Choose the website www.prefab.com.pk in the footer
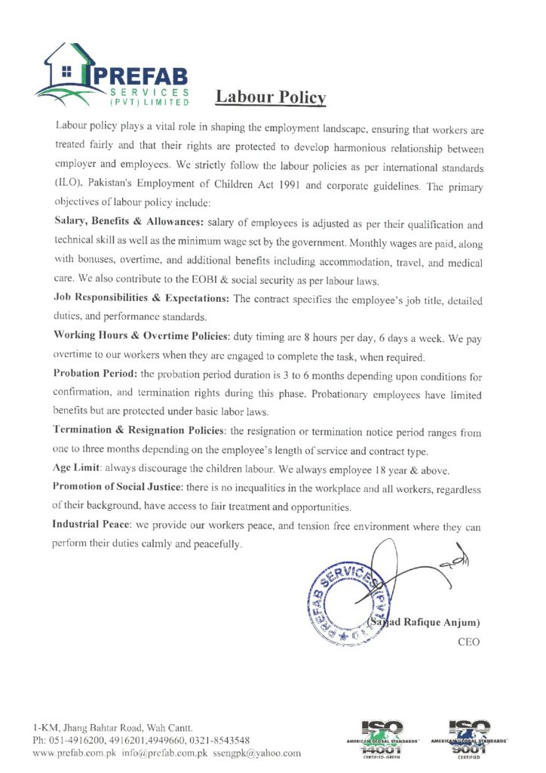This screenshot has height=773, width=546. point(78,753)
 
